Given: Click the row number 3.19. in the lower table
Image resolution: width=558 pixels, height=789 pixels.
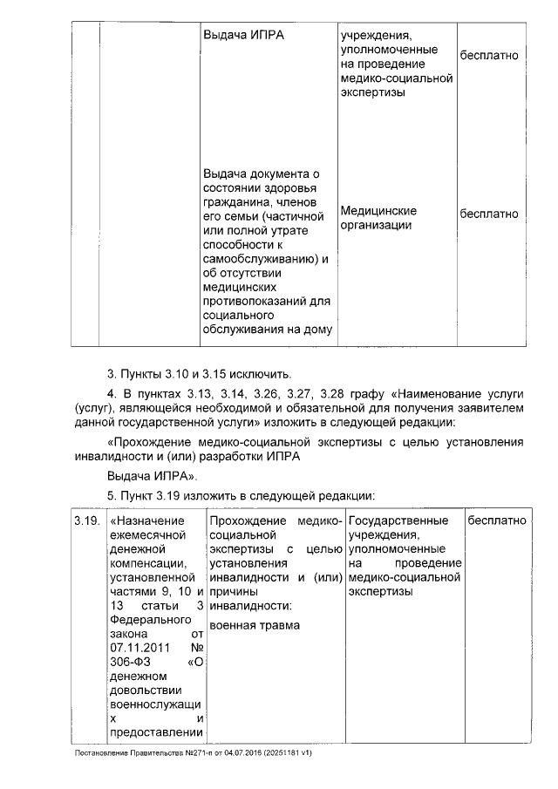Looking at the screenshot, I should point(85,520).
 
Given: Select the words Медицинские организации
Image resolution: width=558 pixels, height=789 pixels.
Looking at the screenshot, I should point(378,218).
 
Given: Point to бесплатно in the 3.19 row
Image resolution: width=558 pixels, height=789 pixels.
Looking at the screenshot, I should point(498,520).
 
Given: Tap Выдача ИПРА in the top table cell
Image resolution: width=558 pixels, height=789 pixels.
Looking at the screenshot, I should point(243,36).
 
